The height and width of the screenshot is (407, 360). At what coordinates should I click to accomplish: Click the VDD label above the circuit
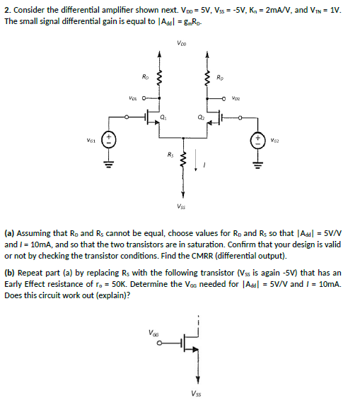182,43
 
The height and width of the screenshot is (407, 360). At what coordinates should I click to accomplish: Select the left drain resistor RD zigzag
159,77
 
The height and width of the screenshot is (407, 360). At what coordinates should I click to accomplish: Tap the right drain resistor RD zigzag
207,77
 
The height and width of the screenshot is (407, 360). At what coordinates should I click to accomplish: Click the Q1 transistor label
163,117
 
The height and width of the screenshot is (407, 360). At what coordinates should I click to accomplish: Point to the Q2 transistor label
201,117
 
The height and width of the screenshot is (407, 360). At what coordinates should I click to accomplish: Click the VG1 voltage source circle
109,140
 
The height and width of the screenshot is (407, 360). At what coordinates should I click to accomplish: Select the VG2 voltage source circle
258,140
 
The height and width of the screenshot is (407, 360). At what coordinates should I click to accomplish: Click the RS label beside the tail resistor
170,155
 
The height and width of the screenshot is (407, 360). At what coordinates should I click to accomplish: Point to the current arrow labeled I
196,160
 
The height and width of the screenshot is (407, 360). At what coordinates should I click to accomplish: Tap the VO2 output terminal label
236,99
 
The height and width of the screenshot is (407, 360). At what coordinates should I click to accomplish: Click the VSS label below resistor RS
181,206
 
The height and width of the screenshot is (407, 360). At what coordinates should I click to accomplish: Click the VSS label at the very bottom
197,394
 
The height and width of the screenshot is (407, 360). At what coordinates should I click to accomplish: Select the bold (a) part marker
10,234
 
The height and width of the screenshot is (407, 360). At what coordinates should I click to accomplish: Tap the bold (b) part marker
10,273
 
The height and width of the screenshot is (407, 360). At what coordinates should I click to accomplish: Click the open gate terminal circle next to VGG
159,343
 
